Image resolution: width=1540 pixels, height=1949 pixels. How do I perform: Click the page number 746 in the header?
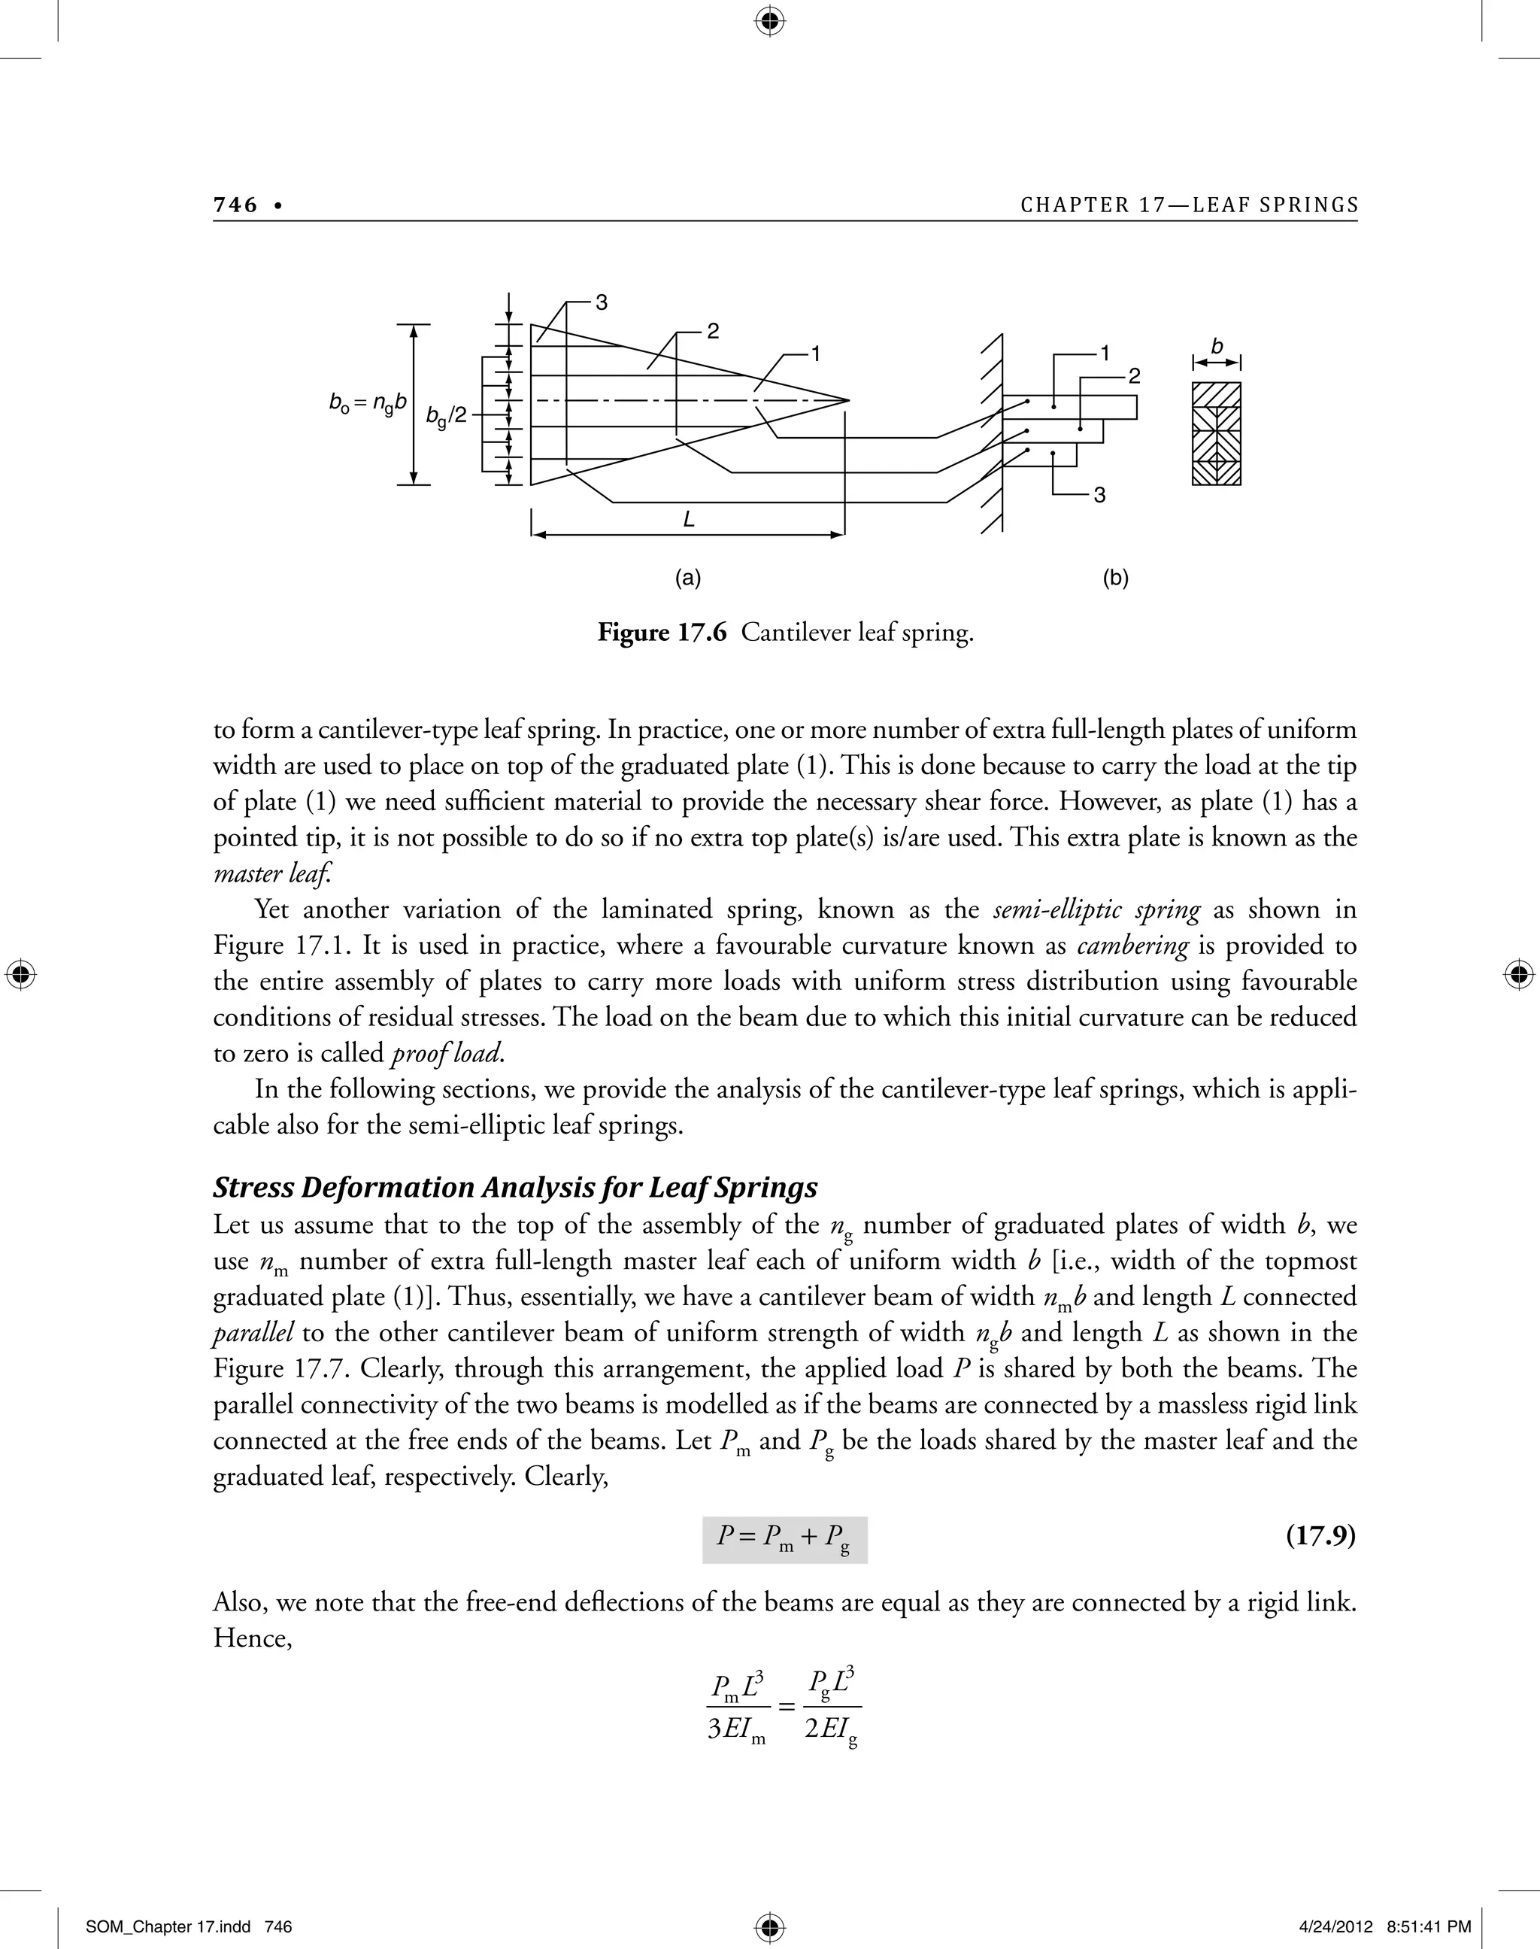235,205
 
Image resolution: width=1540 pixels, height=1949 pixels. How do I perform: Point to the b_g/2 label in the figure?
447,416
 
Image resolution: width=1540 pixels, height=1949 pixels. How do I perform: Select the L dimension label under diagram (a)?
689,521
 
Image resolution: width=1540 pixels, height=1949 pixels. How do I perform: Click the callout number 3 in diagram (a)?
602,303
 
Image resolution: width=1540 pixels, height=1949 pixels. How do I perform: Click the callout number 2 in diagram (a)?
712,332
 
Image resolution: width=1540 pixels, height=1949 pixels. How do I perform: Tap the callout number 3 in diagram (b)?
1099,495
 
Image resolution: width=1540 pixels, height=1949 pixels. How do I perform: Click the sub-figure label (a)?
688,578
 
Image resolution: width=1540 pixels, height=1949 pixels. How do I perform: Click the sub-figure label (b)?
1115,578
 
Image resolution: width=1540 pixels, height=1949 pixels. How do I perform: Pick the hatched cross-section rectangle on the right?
1217,434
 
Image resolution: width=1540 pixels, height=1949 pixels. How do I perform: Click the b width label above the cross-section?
1217,346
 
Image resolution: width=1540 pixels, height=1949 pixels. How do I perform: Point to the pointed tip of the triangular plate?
847,399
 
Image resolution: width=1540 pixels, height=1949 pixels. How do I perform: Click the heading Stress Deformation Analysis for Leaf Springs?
515,1188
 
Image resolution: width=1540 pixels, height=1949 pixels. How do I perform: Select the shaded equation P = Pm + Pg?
784,1538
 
